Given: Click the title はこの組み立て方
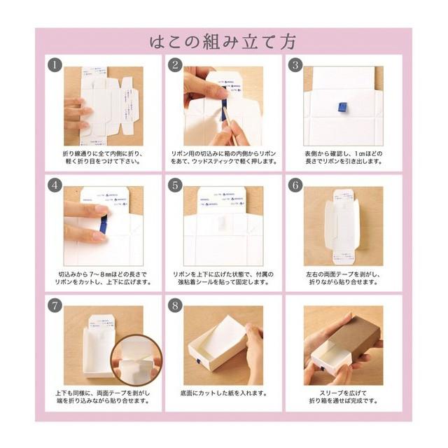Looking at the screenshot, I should [x=223, y=41].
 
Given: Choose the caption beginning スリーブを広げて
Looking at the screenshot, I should [x=343, y=397].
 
